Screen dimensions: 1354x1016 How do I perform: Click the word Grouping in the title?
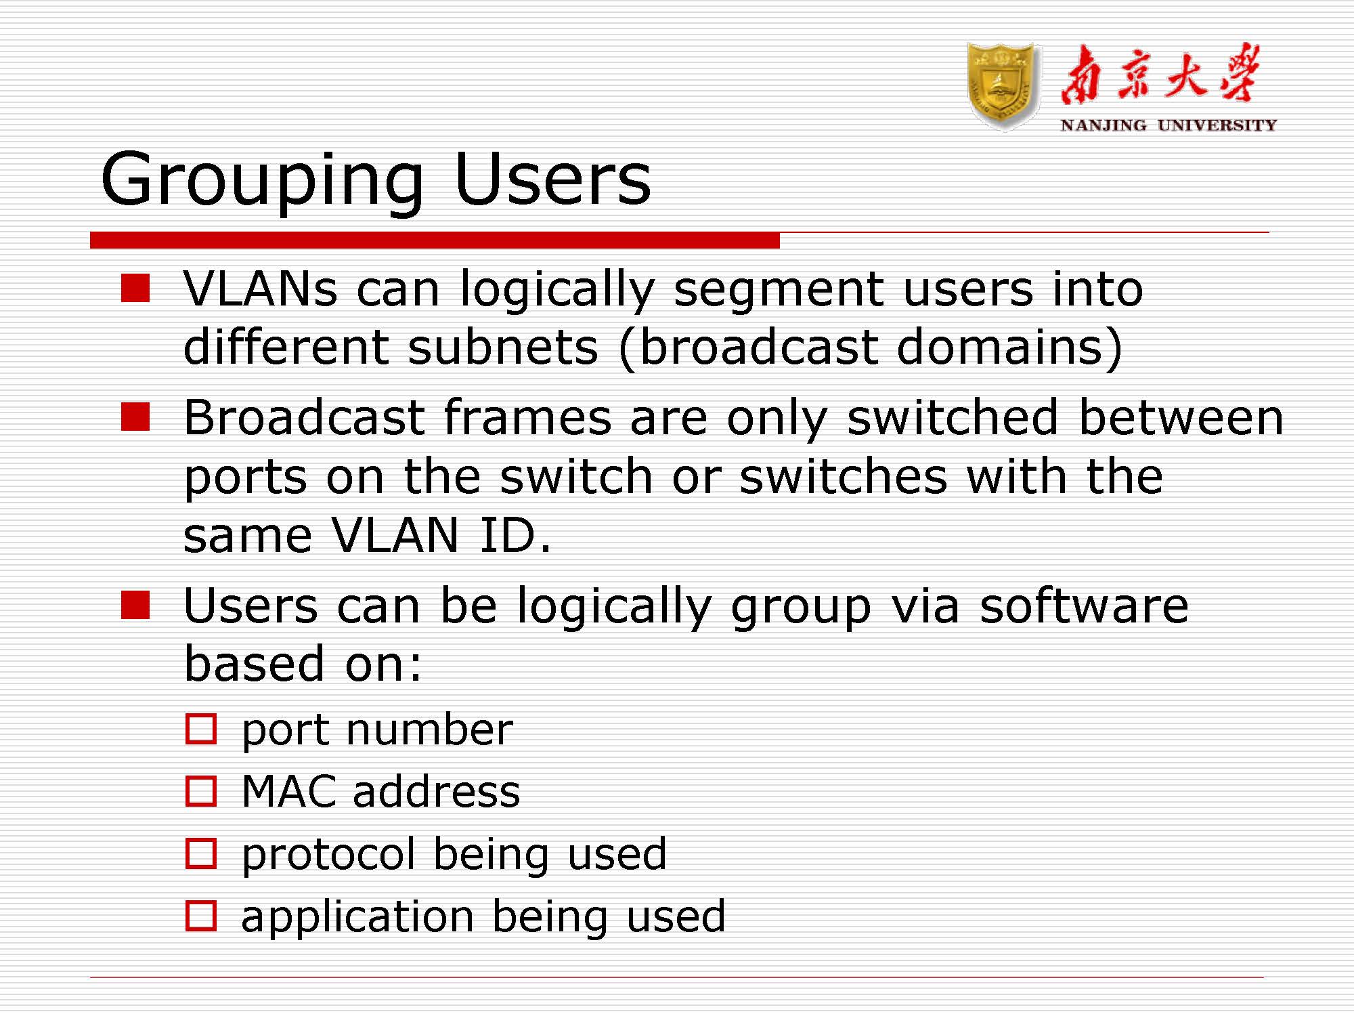click(x=263, y=179)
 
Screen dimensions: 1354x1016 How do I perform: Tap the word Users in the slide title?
click(x=552, y=177)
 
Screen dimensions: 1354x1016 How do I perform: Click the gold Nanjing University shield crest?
click(x=1003, y=85)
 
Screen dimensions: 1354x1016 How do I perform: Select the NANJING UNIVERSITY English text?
click(x=1169, y=125)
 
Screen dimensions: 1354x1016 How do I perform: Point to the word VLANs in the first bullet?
click(x=261, y=289)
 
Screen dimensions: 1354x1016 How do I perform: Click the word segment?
click(x=779, y=291)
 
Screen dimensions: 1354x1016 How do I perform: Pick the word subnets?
click(x=503, y=347)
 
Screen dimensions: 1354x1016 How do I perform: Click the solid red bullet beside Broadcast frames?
click(x=135, y=417)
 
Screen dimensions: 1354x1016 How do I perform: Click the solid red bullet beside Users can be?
click(x=135, y=605)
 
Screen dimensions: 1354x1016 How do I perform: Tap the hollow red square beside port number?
click(x=201, y=729)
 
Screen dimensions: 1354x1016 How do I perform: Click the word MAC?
click(x=289, y=791)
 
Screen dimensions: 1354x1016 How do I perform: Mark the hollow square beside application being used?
click(x=201, y=916)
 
